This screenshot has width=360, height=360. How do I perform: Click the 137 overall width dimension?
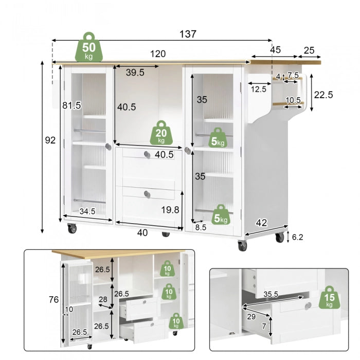(x=188, y=34)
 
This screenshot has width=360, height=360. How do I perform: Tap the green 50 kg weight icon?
(x=89, y=47)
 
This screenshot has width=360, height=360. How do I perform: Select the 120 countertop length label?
(x=158, y=54)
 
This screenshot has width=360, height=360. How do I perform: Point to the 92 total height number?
(x=50, y=140)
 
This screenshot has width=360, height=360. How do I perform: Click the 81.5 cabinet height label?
(x=72, y=105)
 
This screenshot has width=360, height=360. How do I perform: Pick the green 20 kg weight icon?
(x=161, y=133)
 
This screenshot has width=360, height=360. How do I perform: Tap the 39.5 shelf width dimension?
(x=135, y=73)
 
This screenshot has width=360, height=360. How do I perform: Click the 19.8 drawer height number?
(x=170, y=210)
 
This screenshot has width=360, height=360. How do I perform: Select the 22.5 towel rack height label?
(x=323, y=95)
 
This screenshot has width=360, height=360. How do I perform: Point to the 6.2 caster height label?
(x=298, y=237)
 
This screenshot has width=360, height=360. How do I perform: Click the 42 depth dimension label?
(x=261, y=223)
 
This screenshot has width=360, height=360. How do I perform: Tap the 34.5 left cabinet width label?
(x=87, y=211)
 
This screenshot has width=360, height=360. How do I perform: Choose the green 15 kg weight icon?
(x=329, y=297)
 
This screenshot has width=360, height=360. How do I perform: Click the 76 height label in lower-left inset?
(x=53, y=300)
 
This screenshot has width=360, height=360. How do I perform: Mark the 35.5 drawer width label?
(x=271, y=294)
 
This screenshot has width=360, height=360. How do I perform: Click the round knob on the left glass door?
(x=109, y=147)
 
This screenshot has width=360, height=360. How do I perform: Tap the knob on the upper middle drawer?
(x=147, y=155)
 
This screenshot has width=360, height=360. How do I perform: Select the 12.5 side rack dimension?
(x=259, y=89)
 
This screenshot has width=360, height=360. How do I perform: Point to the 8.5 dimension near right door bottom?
(x=201, y=227)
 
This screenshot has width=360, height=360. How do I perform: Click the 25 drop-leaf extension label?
(x=309, y=50)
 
